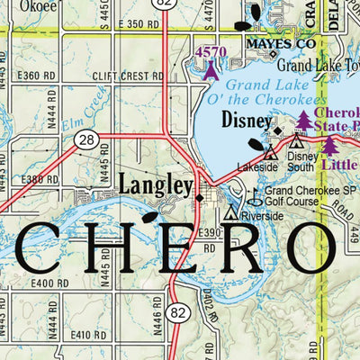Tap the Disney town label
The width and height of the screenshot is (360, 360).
(x=247, y=121)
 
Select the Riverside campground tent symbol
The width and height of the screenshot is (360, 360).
(x=231, y=214)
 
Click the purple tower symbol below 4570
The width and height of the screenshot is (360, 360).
(x=211, y=69)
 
